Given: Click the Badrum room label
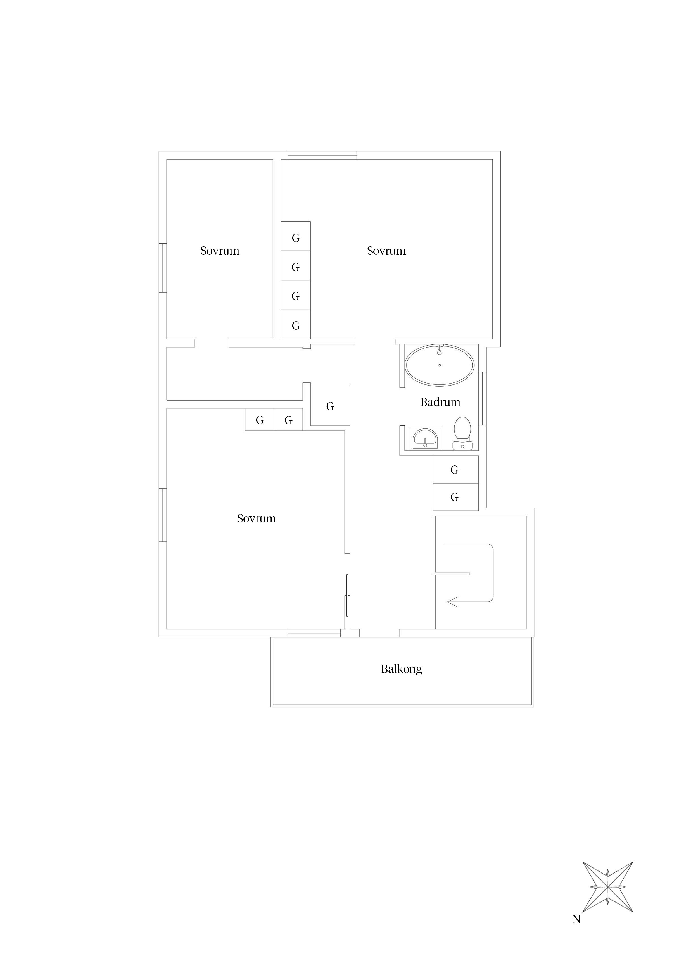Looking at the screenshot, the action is pyautogui.click(x=440, y=402).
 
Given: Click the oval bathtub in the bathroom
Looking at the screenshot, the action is pyautogui.click(x=439, y=366).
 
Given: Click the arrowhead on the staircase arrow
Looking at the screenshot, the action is pyautogui.click(x=452, y=602).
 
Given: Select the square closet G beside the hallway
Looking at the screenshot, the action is pyautogui.click(x=330, y=405).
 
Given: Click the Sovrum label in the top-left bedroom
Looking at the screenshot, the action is pyautogui.click(x=220, y=251).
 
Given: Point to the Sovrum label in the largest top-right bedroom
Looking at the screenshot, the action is pyautogui.click(x=386, y=251).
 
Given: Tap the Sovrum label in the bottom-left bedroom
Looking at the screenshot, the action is pyautogui.click(x=256, y=518).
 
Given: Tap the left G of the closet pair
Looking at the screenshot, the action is pyautogui.click(x=259, y=420).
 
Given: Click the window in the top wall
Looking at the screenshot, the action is pyautogui.click(x=322, y=155).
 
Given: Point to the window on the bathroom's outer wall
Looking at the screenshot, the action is pyautogui.click(x=483, y=399).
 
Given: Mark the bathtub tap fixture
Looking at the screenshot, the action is pyautogui.click(x=439, y=349).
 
